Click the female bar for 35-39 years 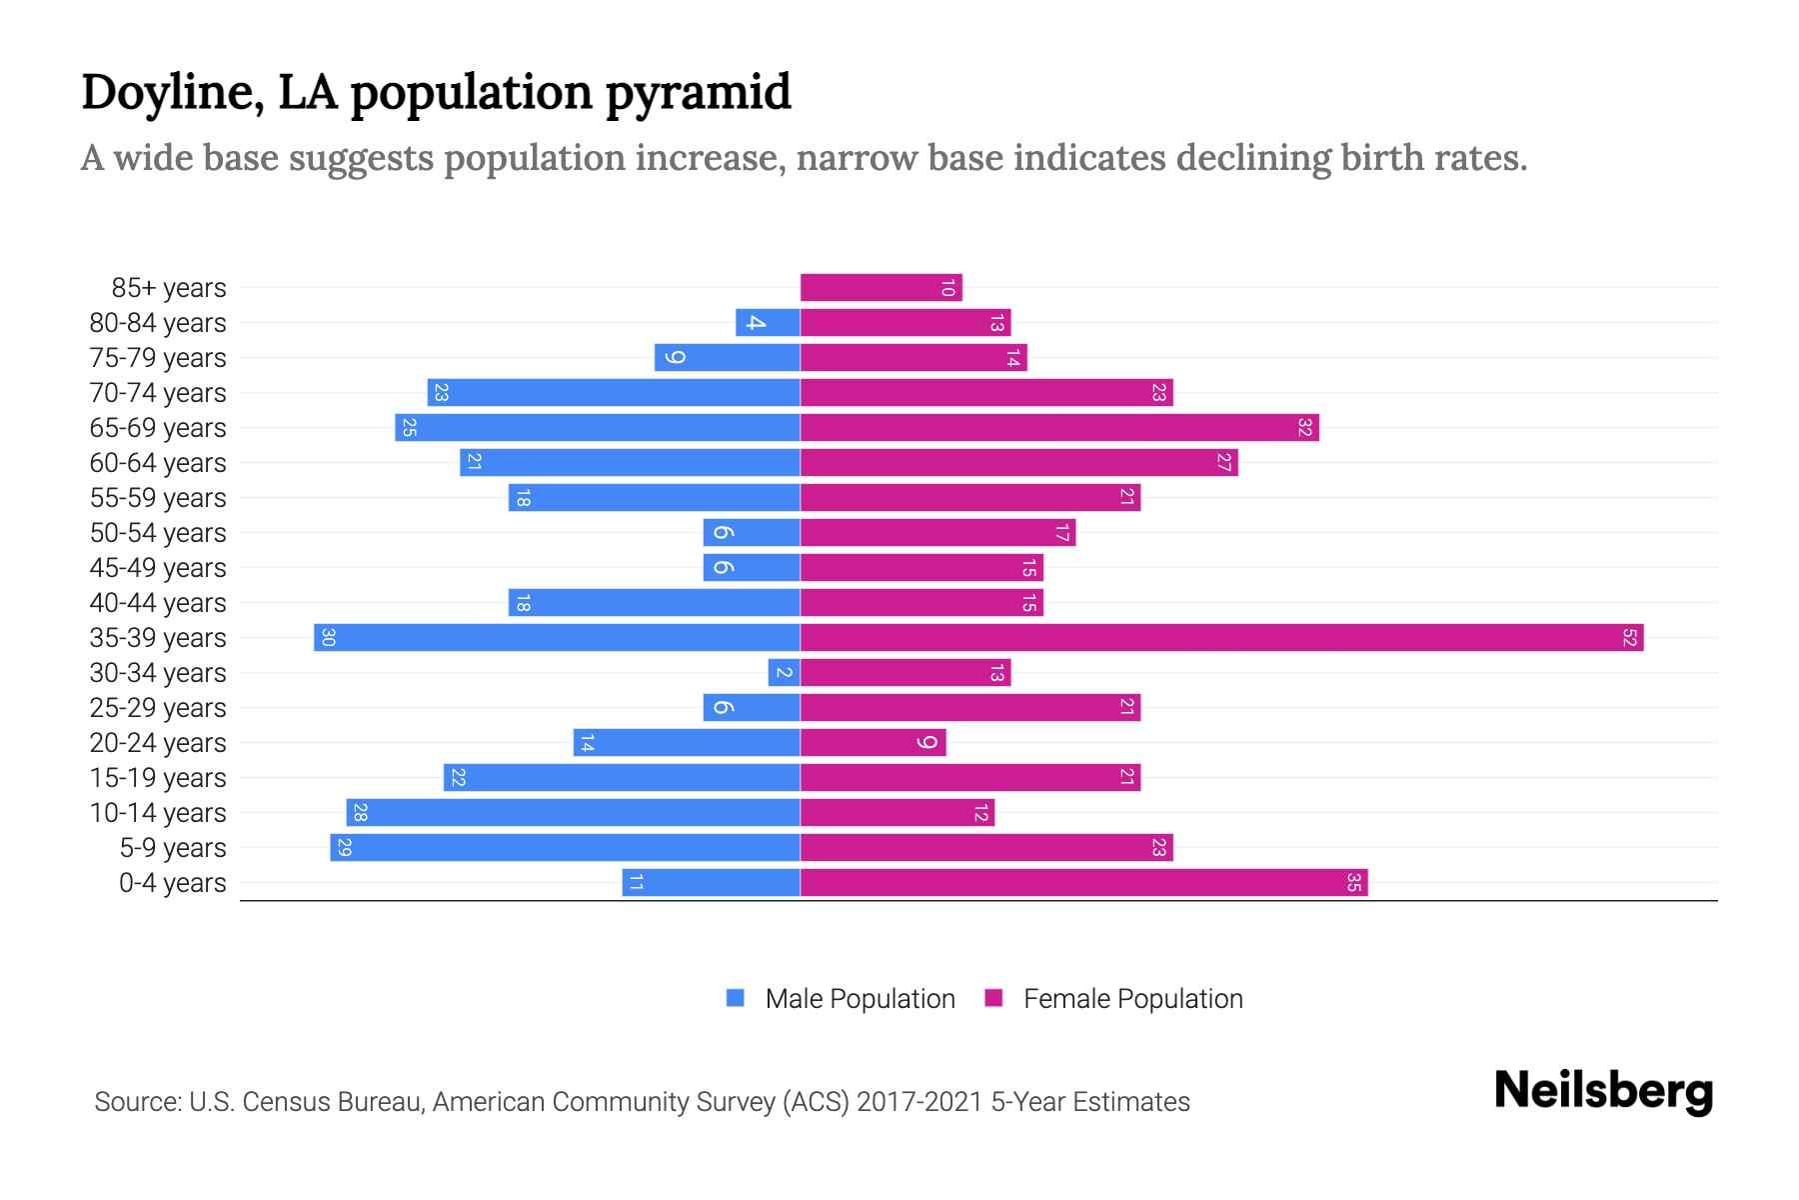click(x=1221, y=638)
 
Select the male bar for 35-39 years click(x=557, y=638)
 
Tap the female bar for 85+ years click(x=881, y=288)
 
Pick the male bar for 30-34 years click(x=784, y=673)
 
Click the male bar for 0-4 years click(x=711, y=883)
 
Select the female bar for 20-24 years click(x=873, y=743)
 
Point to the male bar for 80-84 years click(x=768, y=323)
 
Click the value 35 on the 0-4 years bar click(x=1353, y=883)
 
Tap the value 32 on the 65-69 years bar click(x=1304, y=428)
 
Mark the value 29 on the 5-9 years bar click(x=344, y=848)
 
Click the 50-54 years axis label click(x=158, y=533)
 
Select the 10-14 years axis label click(x=158, y=813)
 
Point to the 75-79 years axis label click(x=158, y=358)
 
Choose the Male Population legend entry click(x=859, y=999)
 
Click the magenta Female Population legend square click(x=993, y=998)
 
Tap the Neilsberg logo click(x=1603, y=1091)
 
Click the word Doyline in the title click(x=172, y=92)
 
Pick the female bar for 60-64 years click(x=1018, y=463)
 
